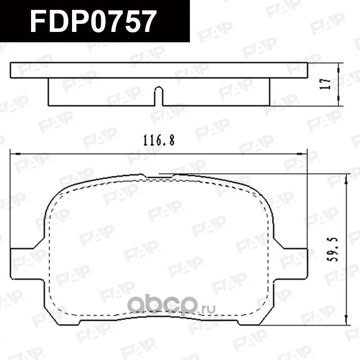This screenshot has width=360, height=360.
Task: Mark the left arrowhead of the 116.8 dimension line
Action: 13,153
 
